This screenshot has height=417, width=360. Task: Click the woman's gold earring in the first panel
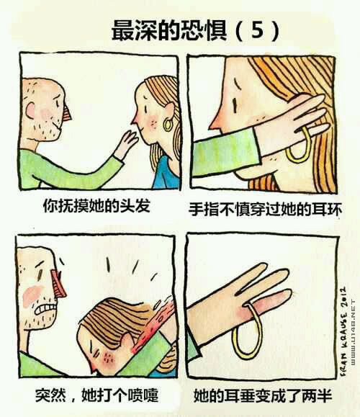[168, 125]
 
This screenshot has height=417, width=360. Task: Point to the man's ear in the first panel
[30, 110]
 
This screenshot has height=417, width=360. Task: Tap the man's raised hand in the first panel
[127, 144]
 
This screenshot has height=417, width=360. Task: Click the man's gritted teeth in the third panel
[46, 309]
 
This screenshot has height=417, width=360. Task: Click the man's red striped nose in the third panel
[59, 284]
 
